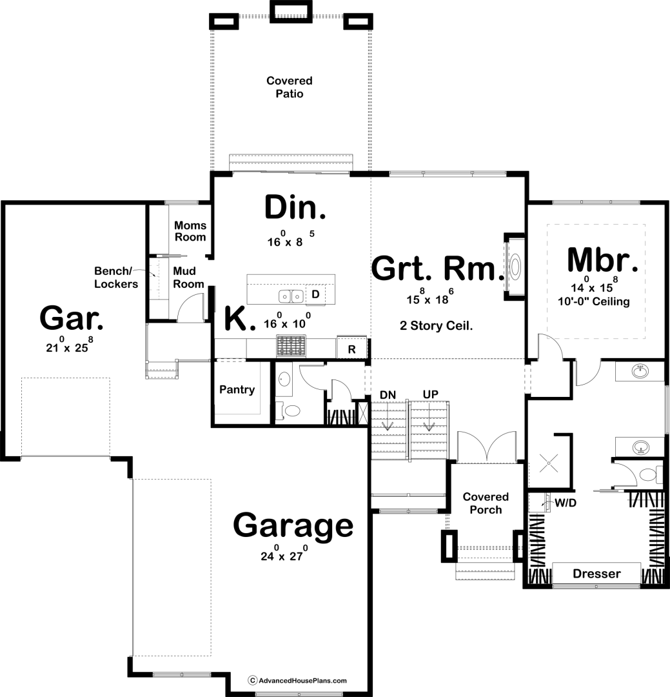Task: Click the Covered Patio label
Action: [x=290, y=87]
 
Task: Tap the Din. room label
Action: [x=295, y=208]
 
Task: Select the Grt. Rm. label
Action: [x=437, y=268]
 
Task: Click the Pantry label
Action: [x=237, y=390]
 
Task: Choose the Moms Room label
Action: [x=190, y=231]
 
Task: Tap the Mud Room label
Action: [x=188, y=278]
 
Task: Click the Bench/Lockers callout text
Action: [x=116, y=278]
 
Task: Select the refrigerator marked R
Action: [x=352, y=348]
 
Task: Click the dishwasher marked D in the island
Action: [x=315, y=294]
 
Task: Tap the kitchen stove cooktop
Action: [x=291, y=347]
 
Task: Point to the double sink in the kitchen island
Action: [x=291, y=296]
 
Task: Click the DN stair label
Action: [x=388, y=395]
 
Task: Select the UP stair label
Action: [x=430, y=394]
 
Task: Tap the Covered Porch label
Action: [x=486, y=503]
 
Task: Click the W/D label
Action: [x=566, y=503]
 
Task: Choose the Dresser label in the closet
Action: [x=596, y=574]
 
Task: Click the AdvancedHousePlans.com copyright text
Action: [x=297, y=681]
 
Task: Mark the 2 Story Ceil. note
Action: [x=437, y=326]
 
